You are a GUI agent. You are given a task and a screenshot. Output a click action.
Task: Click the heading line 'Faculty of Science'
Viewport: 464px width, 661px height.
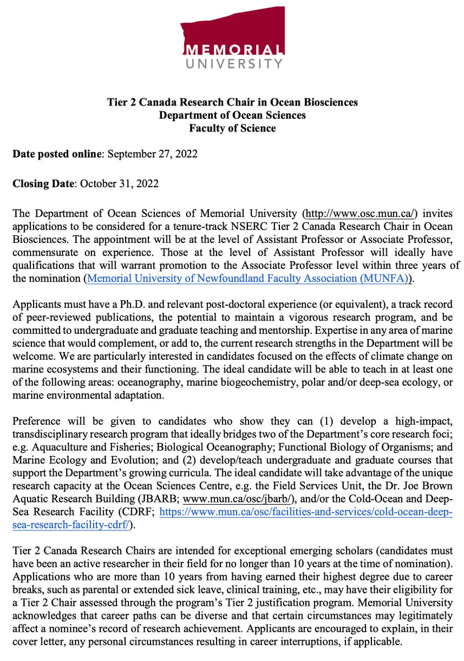[x=232, y=128]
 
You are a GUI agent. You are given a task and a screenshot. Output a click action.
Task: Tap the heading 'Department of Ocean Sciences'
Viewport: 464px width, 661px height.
[x=232, y=115]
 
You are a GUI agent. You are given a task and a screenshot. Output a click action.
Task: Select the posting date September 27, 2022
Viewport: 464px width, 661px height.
[x=152, y=154]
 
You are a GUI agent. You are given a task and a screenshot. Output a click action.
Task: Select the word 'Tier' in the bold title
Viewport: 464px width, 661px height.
[x=116, y=102]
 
